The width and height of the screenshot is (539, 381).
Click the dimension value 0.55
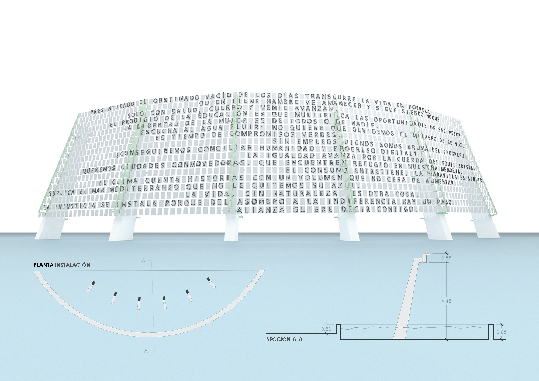(446, 258)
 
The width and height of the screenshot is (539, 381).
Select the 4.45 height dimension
(446, 301)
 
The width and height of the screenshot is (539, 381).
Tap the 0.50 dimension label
(326, 329)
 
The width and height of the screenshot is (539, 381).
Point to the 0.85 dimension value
(501, 332)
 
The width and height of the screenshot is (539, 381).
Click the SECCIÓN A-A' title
(285, 340)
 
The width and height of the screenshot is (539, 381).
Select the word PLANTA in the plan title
(44, 265)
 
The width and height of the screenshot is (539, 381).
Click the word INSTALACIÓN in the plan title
(72, 265)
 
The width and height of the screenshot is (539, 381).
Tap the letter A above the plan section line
(144, 261)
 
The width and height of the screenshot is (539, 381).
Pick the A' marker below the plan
(146, 351)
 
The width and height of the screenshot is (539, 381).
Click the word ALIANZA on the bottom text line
(261, 210)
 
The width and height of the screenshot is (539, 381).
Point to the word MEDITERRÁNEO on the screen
(144, 188)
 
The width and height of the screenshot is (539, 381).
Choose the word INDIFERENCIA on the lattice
(362, 201)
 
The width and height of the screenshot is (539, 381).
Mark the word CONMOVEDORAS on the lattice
(208, 164)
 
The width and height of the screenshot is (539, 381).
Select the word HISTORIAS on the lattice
(216, 178)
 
